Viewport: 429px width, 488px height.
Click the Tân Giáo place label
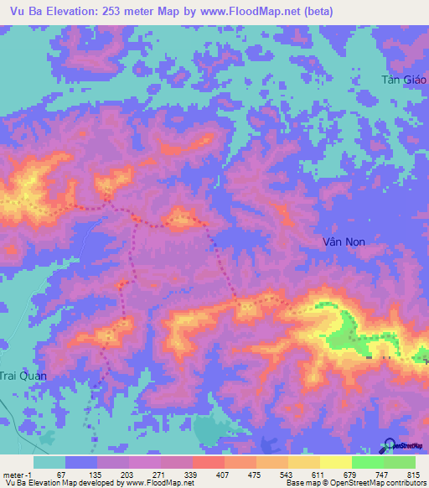coord(405,80)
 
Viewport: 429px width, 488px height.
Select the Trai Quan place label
coord(23,376)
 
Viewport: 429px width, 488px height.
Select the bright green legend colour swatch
coord(367,462)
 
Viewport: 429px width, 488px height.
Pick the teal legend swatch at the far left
coord(49,462)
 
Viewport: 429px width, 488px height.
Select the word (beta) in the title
coord(315,12)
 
